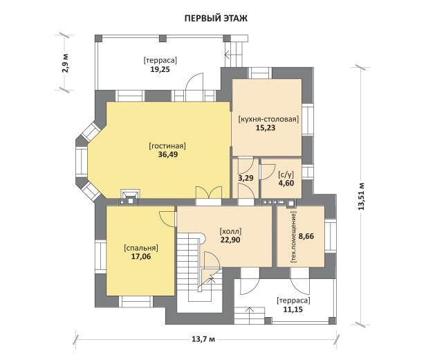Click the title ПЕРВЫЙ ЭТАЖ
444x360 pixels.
[216, 19]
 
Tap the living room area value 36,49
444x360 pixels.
[167, 154]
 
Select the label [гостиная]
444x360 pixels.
[167, 146]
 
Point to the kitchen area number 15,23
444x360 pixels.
[266, 127]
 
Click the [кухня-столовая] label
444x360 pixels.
[269, 119]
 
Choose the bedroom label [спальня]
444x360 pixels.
[141, 248]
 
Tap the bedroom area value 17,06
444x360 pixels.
[141, 257]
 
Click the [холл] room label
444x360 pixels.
[230, 231]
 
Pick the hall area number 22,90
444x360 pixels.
[230, 240]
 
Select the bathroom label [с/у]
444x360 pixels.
[286, 174]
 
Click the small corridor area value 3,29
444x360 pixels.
[246, 179]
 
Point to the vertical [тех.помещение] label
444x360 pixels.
[293, 237]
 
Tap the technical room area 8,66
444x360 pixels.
[306, 236]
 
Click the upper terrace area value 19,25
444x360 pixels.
[160, 69]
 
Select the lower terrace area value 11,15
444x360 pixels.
[293, 309]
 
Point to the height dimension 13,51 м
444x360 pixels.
[361, 196]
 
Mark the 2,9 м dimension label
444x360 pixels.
[65, 63]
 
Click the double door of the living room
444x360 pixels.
[209, 192]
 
